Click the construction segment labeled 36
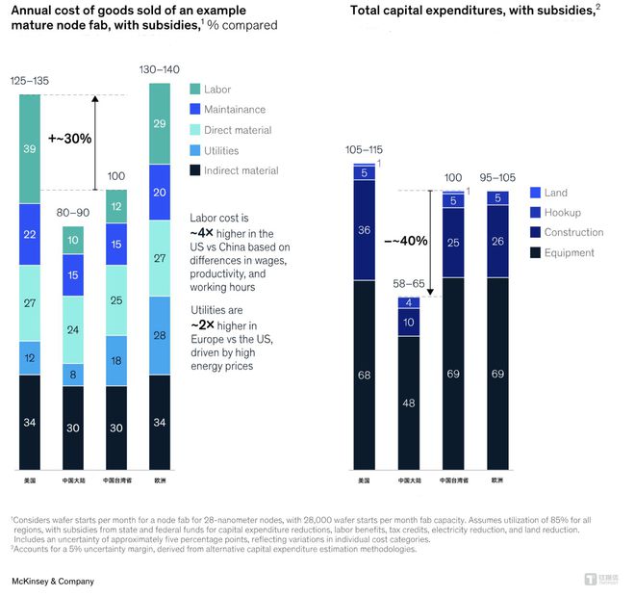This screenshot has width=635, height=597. pos(365,229)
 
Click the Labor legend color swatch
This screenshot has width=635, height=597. pos(196,90)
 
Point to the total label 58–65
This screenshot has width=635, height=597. pos(409,285)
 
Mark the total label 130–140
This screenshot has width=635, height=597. pos(160,70)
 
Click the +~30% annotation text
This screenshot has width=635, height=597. pos(70,138)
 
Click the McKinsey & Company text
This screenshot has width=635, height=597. pos(52,583)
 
